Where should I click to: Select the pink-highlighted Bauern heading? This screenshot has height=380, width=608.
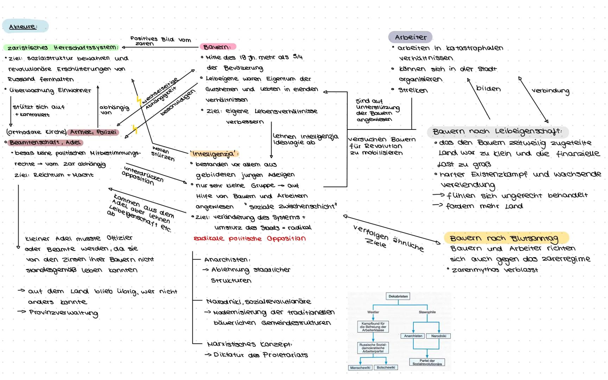click(217, 47)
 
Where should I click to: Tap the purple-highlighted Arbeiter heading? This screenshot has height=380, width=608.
click(410, 37)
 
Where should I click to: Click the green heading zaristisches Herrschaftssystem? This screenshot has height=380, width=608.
click(62, 47)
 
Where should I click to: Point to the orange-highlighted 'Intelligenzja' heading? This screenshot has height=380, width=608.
click(214, 154)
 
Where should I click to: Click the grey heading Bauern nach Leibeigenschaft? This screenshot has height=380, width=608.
click(497, 132)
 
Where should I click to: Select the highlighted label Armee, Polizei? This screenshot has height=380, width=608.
click(93, 132)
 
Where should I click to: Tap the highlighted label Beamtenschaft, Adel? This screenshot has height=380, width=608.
click(45, 142)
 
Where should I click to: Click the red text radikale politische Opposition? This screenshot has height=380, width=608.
click(249, 239)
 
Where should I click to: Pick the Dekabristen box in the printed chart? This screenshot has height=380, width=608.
click(398, 296)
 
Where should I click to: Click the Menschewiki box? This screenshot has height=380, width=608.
click(360, 368)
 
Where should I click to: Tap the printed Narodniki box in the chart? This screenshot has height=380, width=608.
click(438, 336)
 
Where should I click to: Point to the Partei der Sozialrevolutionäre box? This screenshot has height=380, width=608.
click(427, 362)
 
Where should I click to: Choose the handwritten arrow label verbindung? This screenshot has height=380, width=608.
click(550, 90)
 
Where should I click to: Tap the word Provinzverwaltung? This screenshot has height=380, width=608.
click(63, 313)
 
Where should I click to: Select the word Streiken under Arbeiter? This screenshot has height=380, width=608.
click(413, 90)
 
